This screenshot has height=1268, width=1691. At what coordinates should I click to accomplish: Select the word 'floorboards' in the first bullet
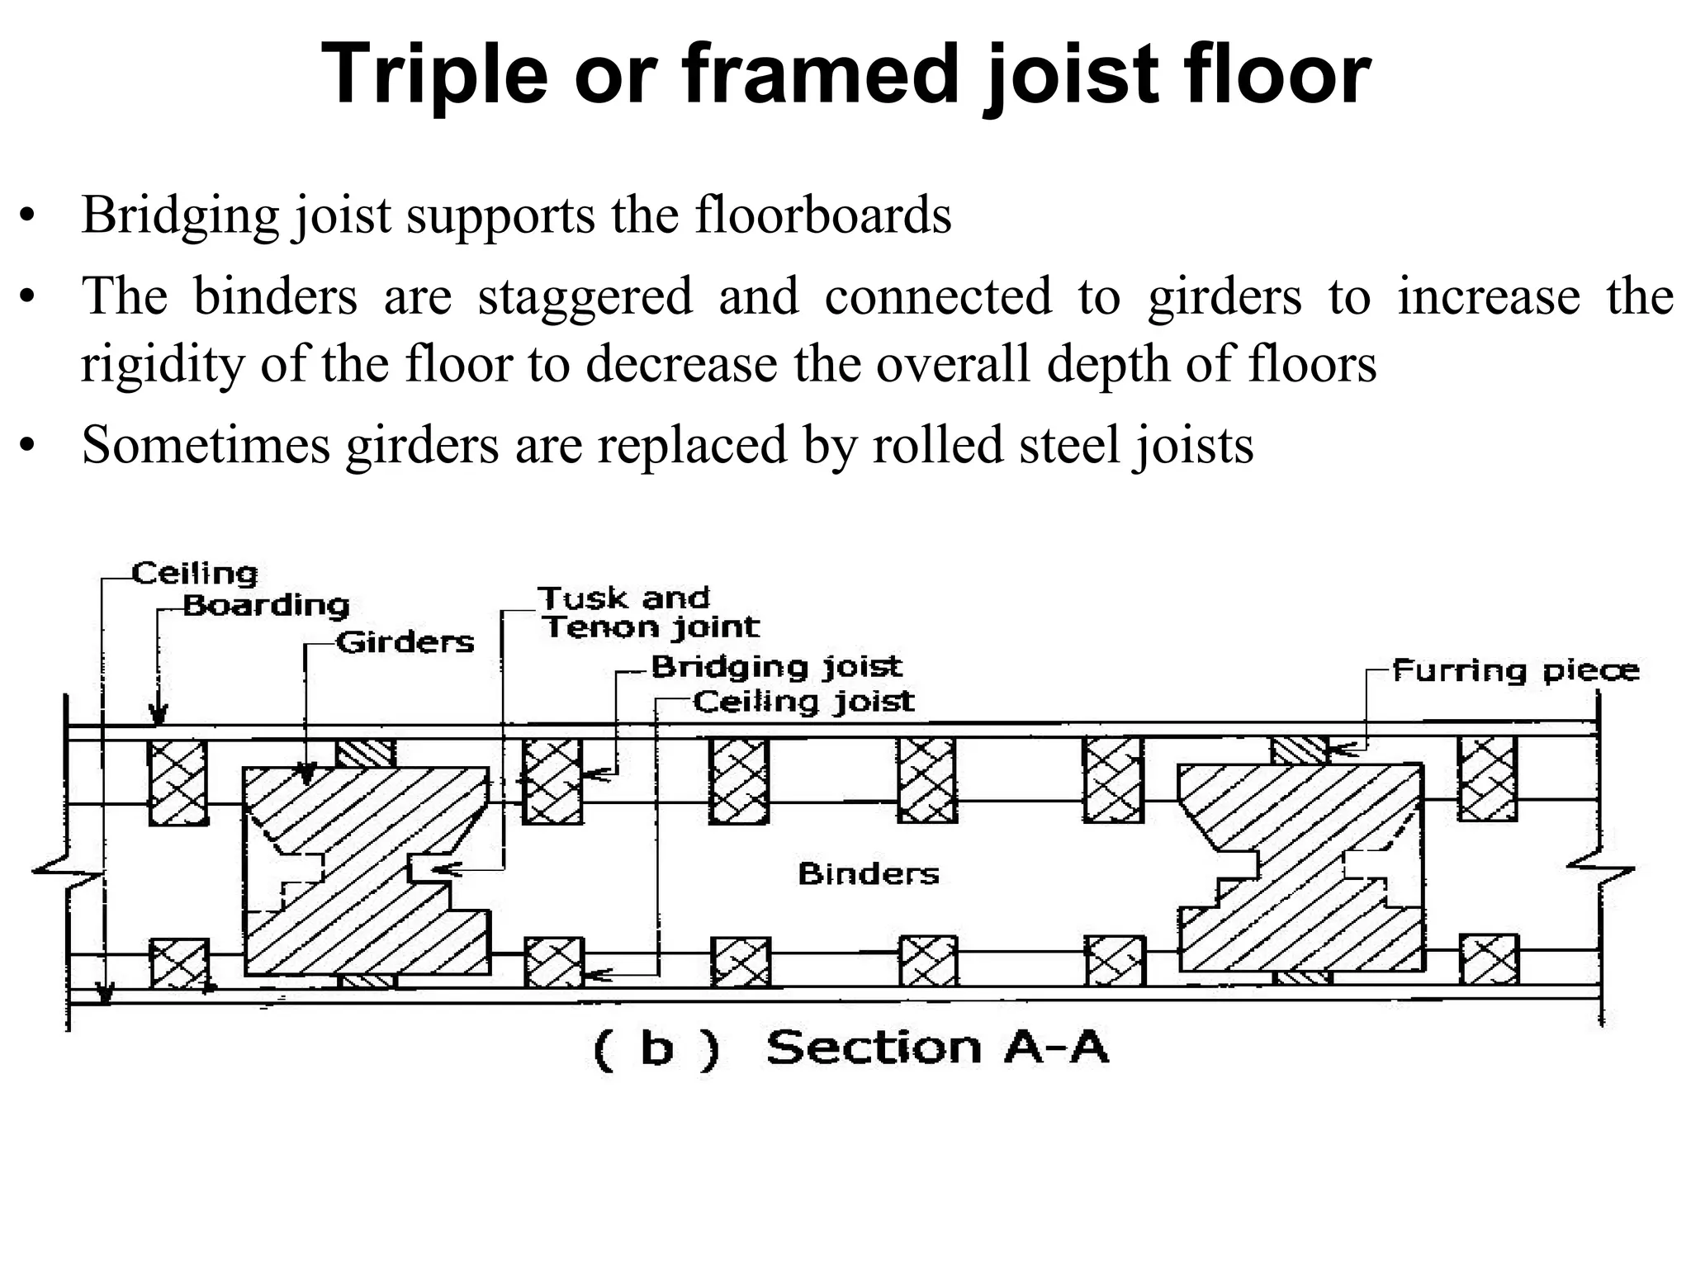(822, 215)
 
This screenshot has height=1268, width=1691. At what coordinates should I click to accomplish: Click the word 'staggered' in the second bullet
(585, 296)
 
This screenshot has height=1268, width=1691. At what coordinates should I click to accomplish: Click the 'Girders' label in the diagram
(405, 642)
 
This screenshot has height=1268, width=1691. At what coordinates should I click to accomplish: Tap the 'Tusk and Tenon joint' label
(649, 613)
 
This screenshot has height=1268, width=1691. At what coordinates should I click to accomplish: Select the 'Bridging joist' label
(776, 667)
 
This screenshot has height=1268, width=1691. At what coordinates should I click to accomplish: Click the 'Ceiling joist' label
(803, 703)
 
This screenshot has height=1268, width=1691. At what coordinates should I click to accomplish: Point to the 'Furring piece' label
(1515, 670)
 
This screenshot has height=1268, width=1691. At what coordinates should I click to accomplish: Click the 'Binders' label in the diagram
(869, 873)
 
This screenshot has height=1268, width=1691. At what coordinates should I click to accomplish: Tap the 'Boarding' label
(266, 606)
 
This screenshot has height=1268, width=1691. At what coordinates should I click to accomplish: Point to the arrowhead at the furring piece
(1338, 750)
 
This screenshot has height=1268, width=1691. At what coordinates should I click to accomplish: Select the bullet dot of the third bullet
(28, 447)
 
